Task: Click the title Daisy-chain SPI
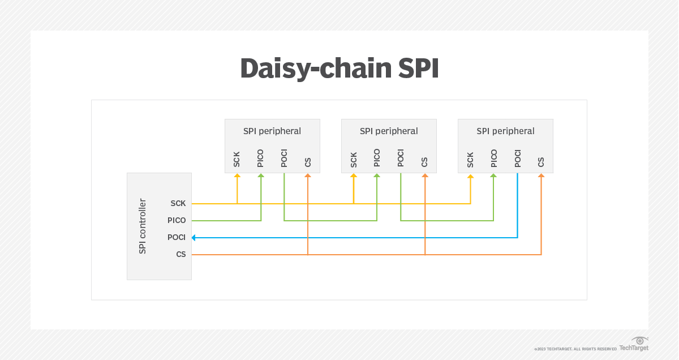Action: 339,68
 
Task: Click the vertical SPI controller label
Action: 143,226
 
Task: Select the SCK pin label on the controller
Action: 178,203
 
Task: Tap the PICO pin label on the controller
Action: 177,220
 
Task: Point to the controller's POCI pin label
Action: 177,237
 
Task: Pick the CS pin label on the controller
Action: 181,254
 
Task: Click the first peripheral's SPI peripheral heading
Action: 272,131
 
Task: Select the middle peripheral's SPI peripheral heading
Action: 389,131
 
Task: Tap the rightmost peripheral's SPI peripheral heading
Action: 505,131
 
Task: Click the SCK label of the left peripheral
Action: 237,160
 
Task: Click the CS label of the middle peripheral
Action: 424,162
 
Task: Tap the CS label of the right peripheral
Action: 541,162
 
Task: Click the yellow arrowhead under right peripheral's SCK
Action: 470,177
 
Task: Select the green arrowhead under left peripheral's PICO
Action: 261,177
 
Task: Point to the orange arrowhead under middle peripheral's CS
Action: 424,177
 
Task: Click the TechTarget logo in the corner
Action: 634,344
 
